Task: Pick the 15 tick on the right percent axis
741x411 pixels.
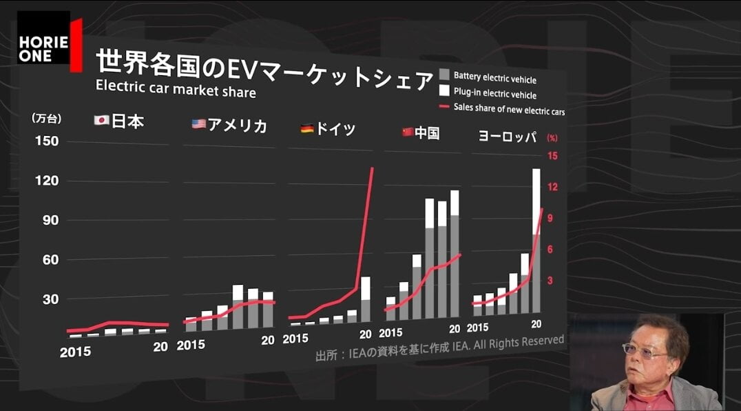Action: [x=552, y=156]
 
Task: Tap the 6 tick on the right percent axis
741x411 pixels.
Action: [x=551, y=249]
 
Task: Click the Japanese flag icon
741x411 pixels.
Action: [x=101, y=121]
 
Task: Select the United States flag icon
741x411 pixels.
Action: [x=198, y=124]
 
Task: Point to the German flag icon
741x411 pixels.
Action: [x=306, y=128]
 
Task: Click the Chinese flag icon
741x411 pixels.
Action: [x=407, y=132]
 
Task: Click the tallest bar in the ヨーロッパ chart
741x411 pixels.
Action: [x=536, y=241]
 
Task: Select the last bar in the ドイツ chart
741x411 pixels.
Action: [x=366, y=299]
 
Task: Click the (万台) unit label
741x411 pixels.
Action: [x=47, y=119]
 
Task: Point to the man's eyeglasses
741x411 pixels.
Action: [x=644, y=350]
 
